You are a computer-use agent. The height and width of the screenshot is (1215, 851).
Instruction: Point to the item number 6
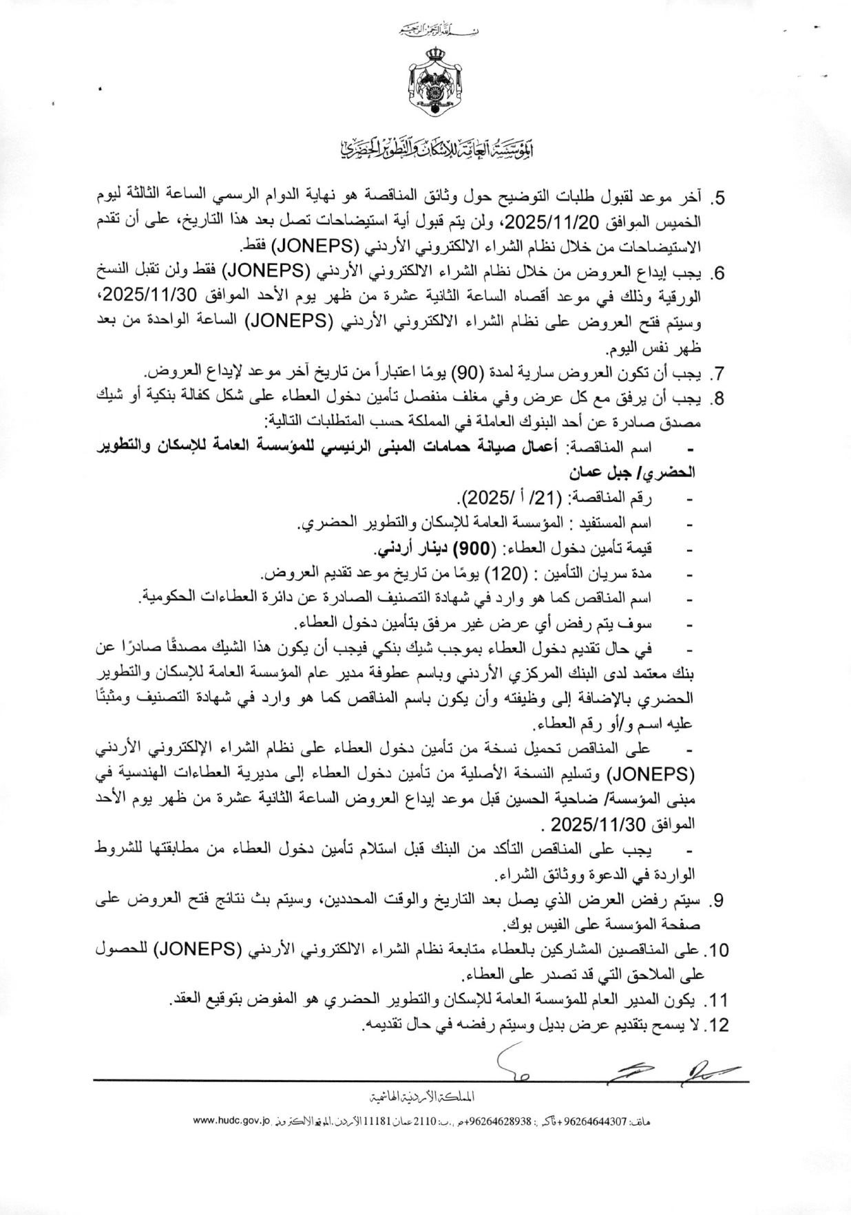tap(719, 274)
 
